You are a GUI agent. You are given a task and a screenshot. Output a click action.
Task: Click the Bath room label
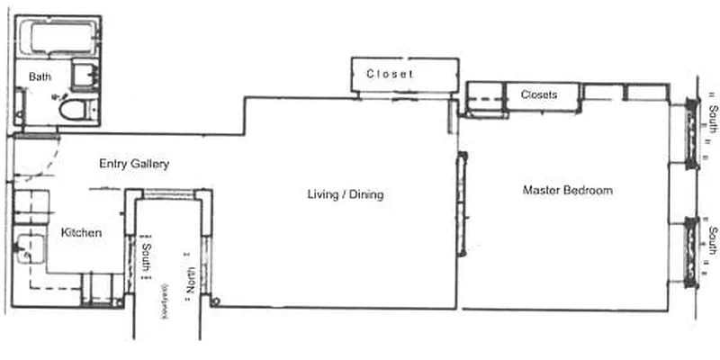click(x=40, y=77)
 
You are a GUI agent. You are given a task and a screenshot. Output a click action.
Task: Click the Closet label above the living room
click(x=390, y=74)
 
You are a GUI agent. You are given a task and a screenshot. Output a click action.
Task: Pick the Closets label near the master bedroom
click(x=538, y=94)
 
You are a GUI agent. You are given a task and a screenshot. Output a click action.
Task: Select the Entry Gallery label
click(x=133, y=164)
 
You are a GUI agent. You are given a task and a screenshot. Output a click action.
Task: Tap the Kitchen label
click(x=81, y=233)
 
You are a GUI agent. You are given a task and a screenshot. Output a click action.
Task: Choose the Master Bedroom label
click(x=567, y=191)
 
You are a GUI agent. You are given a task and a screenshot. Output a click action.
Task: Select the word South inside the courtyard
click(x=148, y=256)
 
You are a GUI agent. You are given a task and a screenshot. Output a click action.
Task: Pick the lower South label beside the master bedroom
click(x=711, y=241)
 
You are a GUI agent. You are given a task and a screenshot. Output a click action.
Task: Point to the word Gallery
click(x=149, y=164)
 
